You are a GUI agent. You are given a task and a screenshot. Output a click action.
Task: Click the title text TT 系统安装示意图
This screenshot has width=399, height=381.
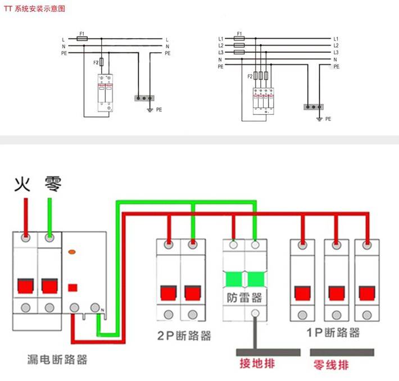34,9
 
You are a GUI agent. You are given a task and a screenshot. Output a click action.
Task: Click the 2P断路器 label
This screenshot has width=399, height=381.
184,335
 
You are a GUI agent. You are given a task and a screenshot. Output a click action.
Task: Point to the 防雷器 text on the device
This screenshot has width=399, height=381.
244,297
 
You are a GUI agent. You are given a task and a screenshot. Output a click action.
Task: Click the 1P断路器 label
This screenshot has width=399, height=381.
333,332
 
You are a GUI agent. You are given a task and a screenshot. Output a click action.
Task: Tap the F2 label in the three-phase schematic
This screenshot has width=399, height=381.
250,76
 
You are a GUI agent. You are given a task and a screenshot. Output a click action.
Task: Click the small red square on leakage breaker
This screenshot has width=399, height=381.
72,288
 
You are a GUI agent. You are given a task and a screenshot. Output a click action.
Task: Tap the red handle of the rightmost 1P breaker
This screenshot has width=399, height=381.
367,293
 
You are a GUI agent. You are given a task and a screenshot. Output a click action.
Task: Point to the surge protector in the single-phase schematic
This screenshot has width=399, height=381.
105,92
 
